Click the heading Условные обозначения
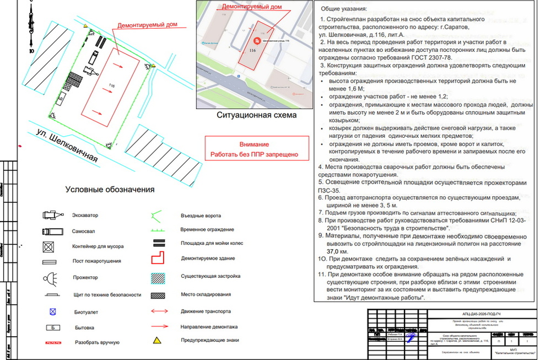(110, 190)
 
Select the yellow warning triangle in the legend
(157, 340)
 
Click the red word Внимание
(254, 144)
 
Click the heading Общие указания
(344, 9)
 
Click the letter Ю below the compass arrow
(31, 50)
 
